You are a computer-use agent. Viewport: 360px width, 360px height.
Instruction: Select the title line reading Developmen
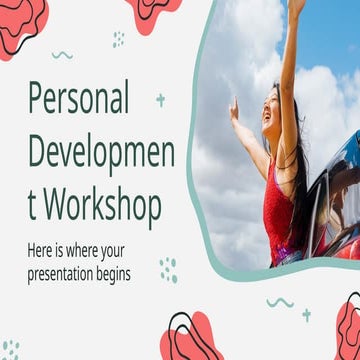[x=101, y=152]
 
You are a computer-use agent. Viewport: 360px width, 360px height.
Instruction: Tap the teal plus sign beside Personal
[x=160, y=100]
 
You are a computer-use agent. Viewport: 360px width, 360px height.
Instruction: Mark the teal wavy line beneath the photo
[x=280, y=301]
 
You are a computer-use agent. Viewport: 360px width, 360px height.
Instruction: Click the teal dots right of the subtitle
[x=168, y=269]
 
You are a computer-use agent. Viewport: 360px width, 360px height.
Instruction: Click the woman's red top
[x=279, y=215]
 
